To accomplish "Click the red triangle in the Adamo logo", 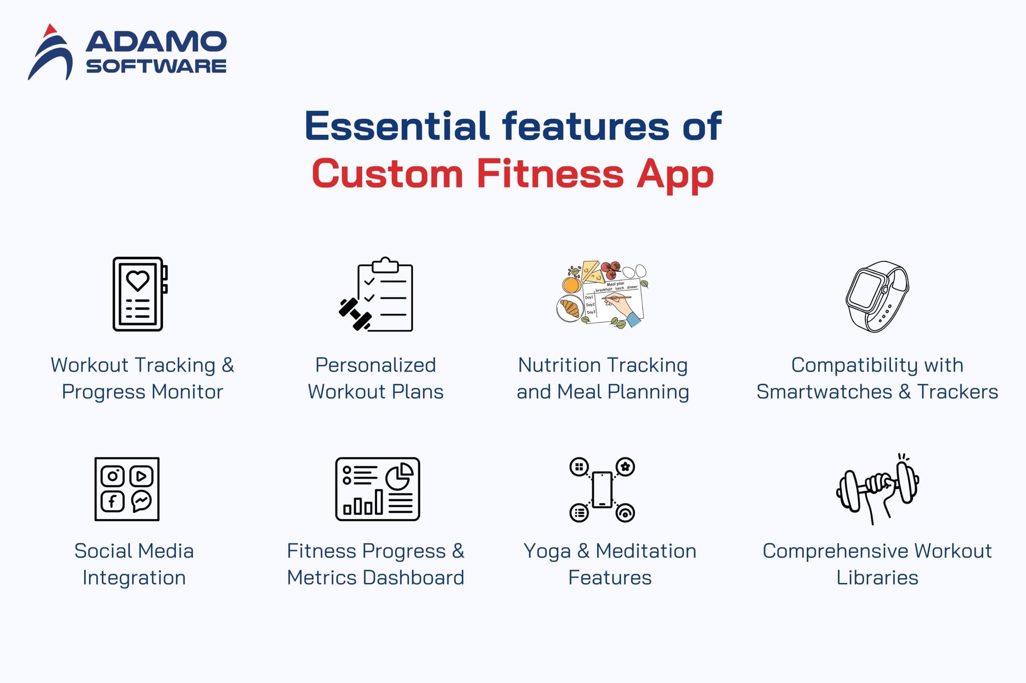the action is point(50,30).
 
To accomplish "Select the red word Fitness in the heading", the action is point(550,173).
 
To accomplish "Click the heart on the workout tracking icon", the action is point(138,281).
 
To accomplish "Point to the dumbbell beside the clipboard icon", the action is point(355,314).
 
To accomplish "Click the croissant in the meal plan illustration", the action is point(570,308).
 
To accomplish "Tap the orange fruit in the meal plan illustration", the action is point(571,285).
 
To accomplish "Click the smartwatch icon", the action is point(877,297).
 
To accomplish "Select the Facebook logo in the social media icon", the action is point(113,502).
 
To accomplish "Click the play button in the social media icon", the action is point(141,476).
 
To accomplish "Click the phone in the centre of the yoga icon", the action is point(602,490).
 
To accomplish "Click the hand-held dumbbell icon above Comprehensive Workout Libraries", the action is point(878,489).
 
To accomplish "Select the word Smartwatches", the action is point(824,392).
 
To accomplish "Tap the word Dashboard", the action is point(413,578).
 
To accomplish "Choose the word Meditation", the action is point(646,551).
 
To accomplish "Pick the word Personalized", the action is point(376,365).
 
